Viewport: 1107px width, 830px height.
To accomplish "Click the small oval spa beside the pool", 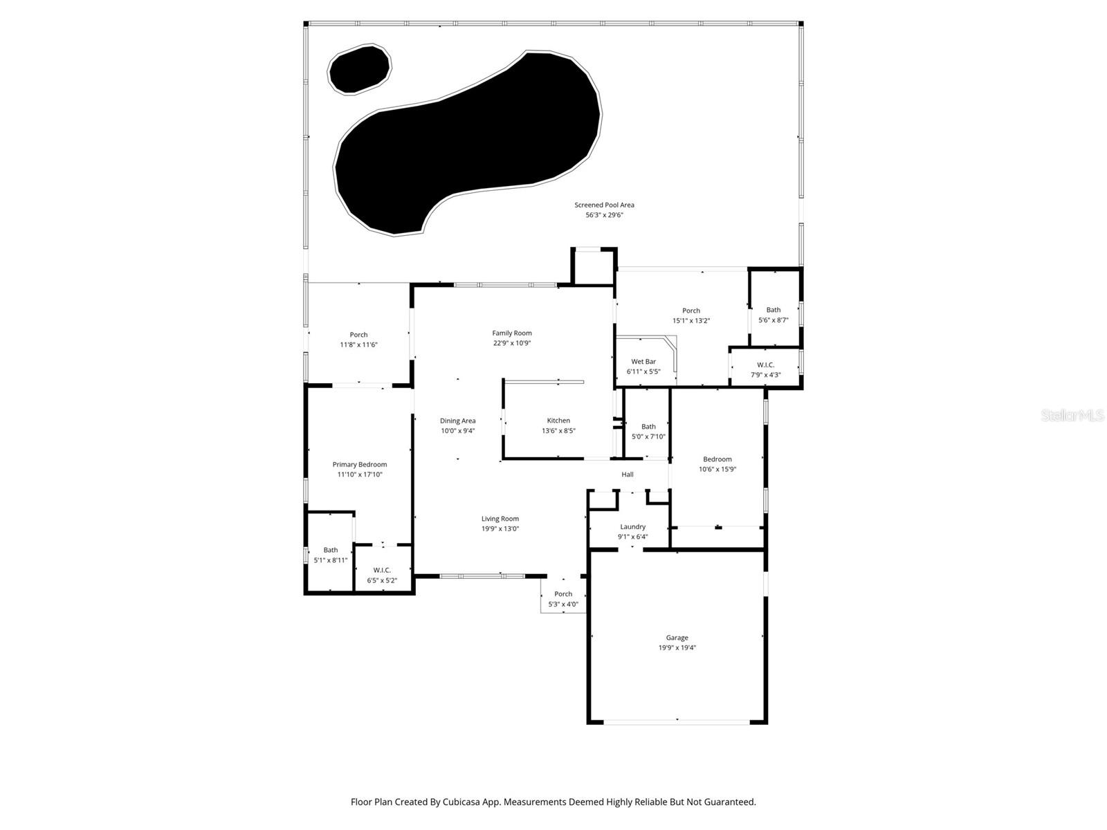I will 360,69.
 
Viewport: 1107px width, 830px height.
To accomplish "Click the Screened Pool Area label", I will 604,205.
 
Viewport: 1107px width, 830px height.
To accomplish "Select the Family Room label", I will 512,333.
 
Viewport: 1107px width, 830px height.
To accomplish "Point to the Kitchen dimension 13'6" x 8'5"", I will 558,431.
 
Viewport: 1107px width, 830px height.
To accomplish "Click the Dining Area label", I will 457,421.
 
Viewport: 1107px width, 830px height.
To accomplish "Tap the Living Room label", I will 500,519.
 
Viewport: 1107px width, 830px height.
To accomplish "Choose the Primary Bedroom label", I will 359,465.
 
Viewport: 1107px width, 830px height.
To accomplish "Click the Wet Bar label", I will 643,362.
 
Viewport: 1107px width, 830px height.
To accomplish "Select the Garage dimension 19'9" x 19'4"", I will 677,648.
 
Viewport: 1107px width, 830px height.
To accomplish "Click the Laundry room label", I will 632,527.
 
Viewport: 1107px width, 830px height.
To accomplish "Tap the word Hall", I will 628,474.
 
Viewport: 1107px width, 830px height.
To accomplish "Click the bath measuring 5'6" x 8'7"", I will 774,315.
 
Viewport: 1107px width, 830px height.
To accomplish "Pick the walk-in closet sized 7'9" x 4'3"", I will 765,370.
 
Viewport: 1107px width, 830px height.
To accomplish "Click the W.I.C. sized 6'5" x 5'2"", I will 382,575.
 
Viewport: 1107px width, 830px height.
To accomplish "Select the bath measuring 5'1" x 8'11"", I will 331,555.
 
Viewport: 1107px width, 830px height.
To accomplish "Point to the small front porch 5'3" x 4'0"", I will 563,599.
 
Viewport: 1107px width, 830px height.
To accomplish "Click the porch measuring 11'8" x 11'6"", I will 358,340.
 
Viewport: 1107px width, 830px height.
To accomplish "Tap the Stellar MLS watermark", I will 1072,415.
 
